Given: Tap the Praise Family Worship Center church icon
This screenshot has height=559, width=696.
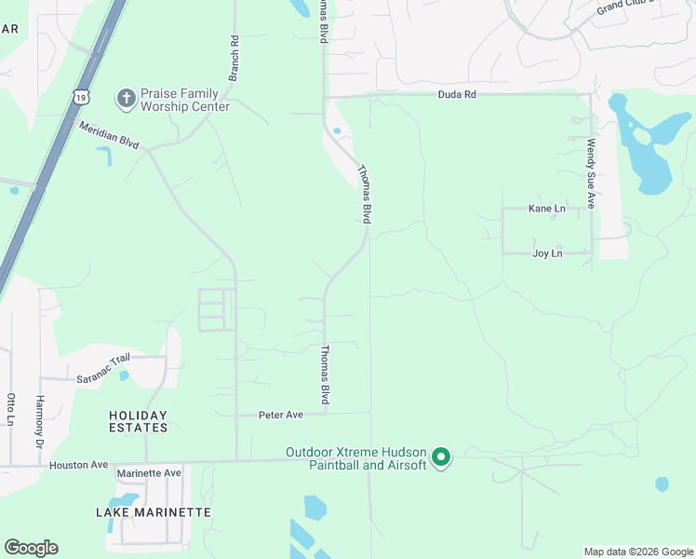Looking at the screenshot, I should [126, 97].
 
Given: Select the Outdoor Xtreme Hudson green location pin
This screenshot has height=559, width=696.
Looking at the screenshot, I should [441, 457].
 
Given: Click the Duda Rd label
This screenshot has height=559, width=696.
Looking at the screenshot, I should [458, 94].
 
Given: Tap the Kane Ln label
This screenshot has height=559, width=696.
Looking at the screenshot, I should [546, 209].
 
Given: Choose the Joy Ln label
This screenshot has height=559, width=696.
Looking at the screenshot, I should [547, 253].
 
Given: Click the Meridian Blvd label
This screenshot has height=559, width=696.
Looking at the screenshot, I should [109, 136].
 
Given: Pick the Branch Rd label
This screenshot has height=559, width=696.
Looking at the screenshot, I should [234, 58].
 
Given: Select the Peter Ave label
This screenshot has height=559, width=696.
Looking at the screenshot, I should [281, 415].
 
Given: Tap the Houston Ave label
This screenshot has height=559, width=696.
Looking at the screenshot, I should [79, 465].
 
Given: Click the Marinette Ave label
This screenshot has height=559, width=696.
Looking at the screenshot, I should [149, 473].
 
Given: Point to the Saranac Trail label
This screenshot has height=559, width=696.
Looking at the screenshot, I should [103, 368].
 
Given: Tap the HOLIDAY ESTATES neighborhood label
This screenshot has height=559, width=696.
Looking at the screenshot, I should [138, 421].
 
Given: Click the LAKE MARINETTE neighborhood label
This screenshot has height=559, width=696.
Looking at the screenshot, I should [154, 512].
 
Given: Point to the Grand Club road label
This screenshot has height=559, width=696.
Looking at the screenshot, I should [627, 7].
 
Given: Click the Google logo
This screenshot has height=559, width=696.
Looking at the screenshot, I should [31, 548].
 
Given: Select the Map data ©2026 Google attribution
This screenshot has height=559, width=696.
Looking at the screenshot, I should [638, 552].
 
